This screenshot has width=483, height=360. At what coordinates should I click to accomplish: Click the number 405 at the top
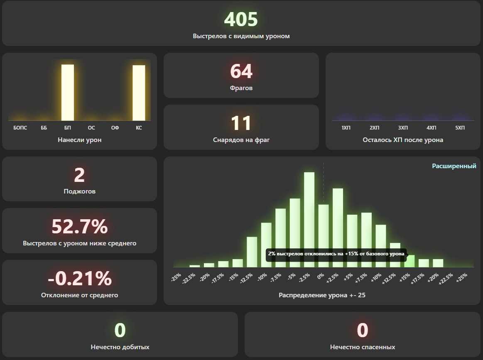pos(241,19)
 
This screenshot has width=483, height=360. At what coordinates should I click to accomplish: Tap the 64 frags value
pos(241,71)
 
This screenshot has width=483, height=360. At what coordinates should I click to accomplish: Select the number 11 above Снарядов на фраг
pos(241,123)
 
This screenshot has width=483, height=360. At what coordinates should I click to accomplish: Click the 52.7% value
pos(79,226)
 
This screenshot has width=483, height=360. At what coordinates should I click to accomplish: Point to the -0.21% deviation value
pos(79,278)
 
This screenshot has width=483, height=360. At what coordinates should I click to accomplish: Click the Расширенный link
pos(454,166)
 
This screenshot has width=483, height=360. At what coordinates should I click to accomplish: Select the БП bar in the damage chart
pos(67,92)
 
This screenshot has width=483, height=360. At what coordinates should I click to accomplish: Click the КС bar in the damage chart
pos(139,93)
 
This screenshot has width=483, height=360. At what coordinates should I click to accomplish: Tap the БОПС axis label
pos(20,127)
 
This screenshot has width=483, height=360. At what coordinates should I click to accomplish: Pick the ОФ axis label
pos(115,127)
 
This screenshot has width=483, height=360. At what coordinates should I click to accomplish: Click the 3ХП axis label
pos(403,127)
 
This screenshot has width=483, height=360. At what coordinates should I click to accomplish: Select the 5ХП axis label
pos(460,127)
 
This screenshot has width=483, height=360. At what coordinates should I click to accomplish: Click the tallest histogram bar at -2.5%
pos(309,220)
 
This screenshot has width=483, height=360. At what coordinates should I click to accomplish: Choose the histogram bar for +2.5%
pos(338,228)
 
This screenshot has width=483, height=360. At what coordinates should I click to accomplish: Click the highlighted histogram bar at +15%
pos(409,261)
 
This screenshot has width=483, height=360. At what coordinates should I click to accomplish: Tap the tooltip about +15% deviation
pos(336,254)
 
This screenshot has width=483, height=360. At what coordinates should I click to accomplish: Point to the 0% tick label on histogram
pos(321,276)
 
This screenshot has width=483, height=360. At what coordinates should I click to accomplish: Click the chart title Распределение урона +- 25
pos(322,295)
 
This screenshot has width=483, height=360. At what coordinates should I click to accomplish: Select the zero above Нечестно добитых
pos(120,330)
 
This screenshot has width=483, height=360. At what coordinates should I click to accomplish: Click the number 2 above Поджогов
pos(79,175)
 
